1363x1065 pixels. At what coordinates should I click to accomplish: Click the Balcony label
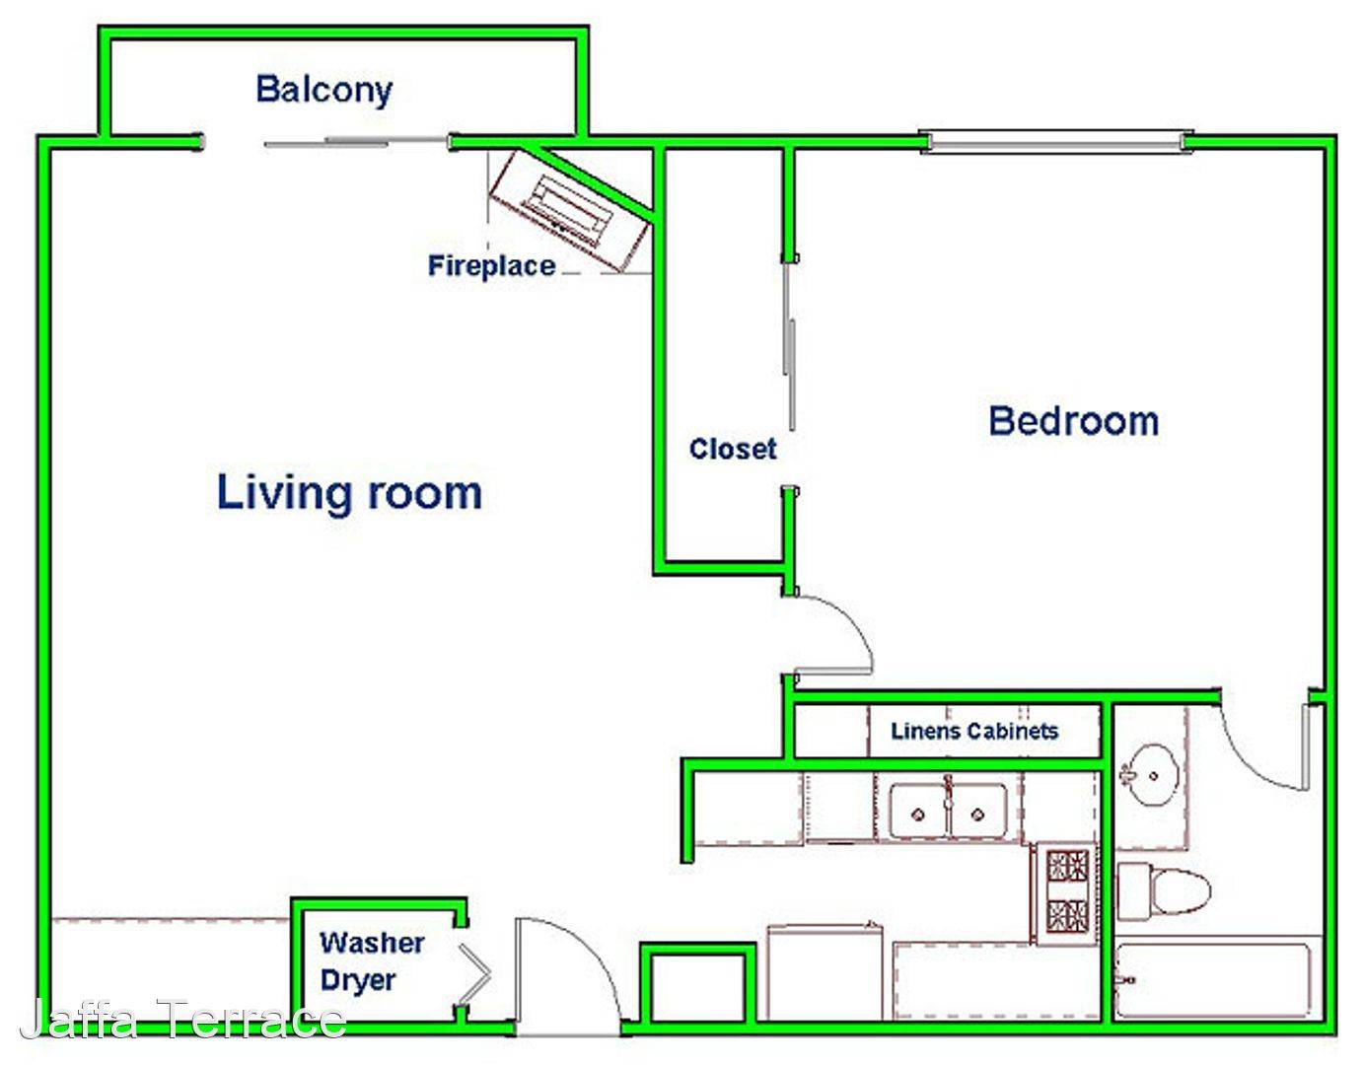(324, 91)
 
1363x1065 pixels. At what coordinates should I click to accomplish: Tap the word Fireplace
(491, 266)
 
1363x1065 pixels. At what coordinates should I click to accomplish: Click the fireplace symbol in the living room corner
(568, 209)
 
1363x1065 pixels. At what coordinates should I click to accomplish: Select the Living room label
(349, 493)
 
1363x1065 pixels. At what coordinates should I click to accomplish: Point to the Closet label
(733, 449)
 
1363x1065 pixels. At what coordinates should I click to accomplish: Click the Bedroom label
(1073, 421)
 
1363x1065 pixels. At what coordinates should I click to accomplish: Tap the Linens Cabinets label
(974, 731)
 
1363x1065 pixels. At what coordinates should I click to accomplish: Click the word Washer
(372, 943)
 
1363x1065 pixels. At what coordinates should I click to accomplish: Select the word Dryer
(358, 981)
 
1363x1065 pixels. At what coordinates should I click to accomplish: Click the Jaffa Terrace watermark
(183, 1019)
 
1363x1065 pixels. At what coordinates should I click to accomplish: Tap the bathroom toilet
(1163, 890)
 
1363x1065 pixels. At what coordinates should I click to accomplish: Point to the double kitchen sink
(949, 813)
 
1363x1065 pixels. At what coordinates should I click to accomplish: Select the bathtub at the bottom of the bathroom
(1218, 981)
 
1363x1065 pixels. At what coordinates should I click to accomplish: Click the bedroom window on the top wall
(1056, 142)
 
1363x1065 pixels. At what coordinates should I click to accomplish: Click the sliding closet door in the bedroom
(790, 346)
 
